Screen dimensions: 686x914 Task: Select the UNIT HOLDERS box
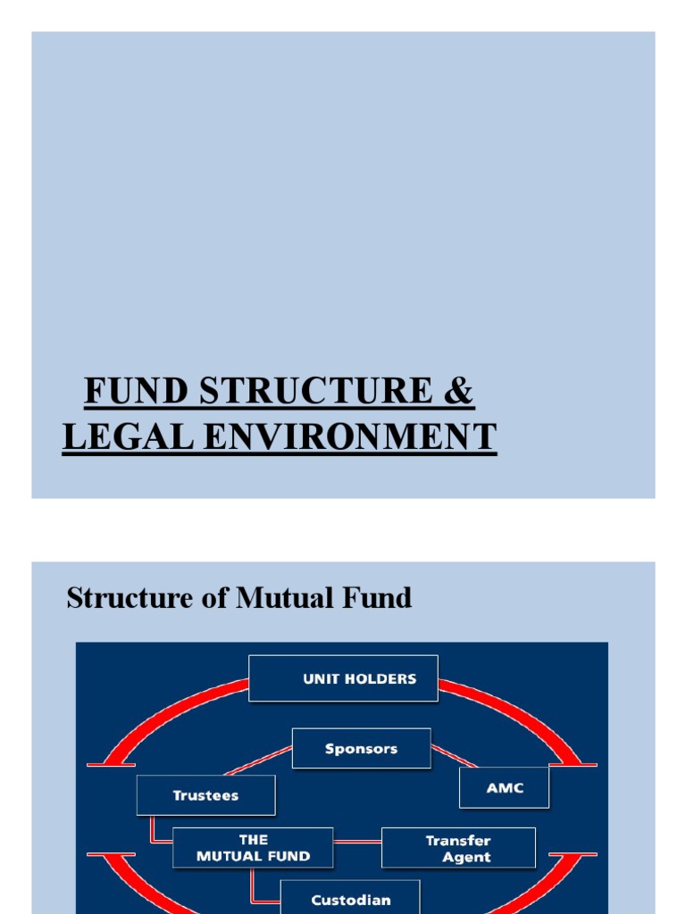[x=343, y=678]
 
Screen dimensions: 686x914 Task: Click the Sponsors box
[x=361, y=749]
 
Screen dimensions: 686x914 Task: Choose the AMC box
[x=504, y=787]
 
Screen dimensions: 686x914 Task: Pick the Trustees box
[x=205, y=794]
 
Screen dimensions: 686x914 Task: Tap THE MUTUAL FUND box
[x=253, y=848]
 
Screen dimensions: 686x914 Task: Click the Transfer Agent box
[x=458, y=848]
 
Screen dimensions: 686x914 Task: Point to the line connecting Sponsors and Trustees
[x=258, y=761]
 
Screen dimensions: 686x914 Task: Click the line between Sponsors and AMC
[x=454, y=757]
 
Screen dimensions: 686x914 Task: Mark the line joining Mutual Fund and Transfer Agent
[x=357, y=841]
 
